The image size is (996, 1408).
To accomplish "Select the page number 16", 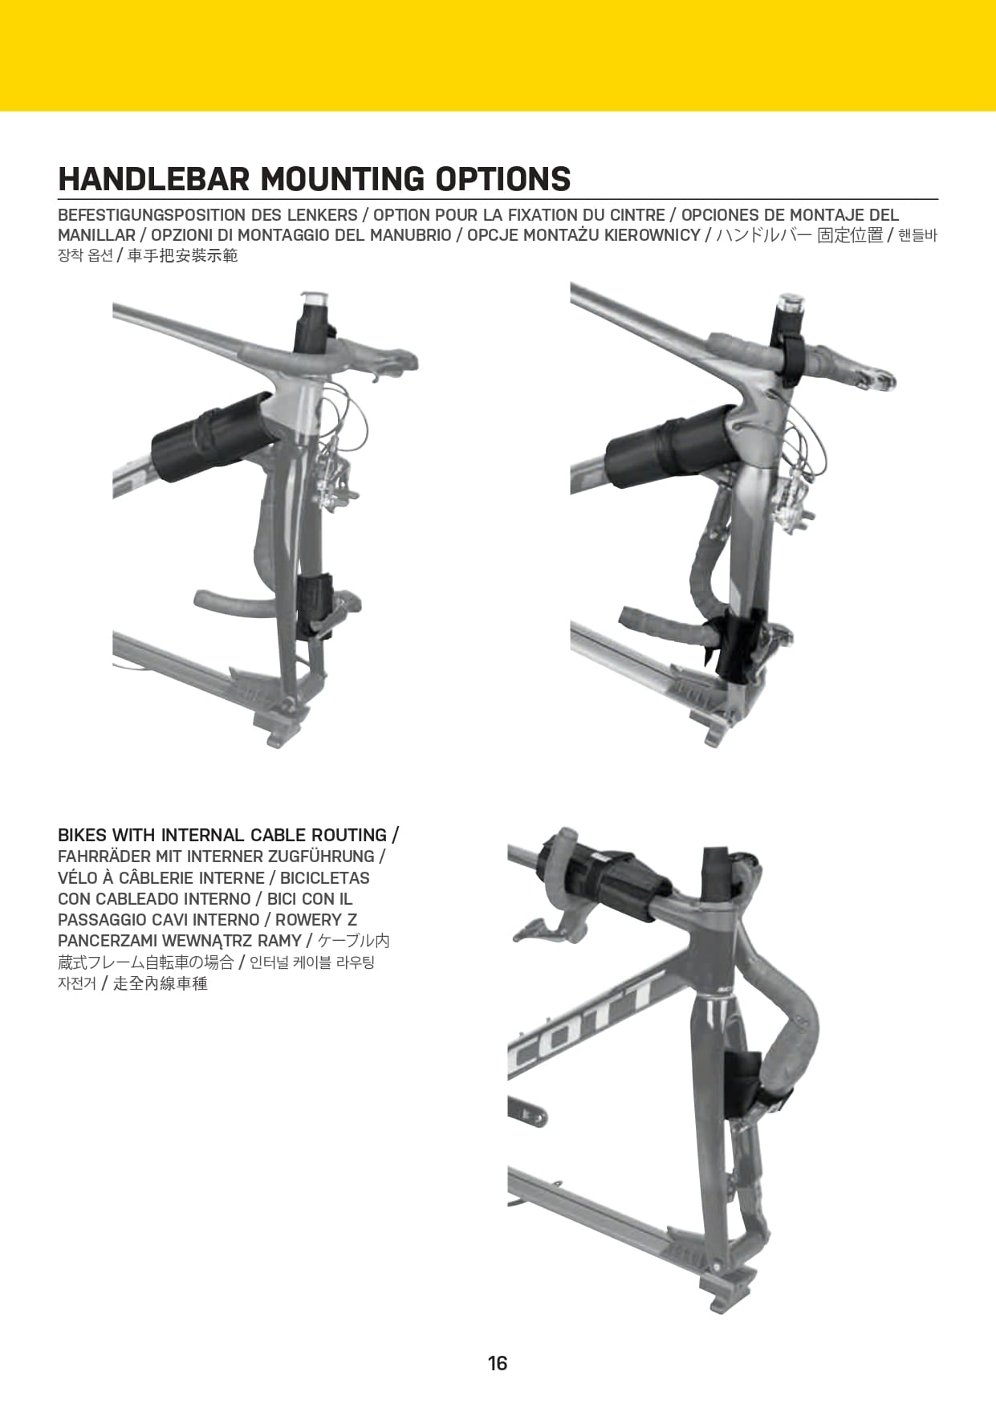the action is (x=498, y=1363).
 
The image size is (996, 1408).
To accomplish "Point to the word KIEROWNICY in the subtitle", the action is (x=652, y=235).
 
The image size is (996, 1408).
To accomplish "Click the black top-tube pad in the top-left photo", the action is (x=213, y=437).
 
